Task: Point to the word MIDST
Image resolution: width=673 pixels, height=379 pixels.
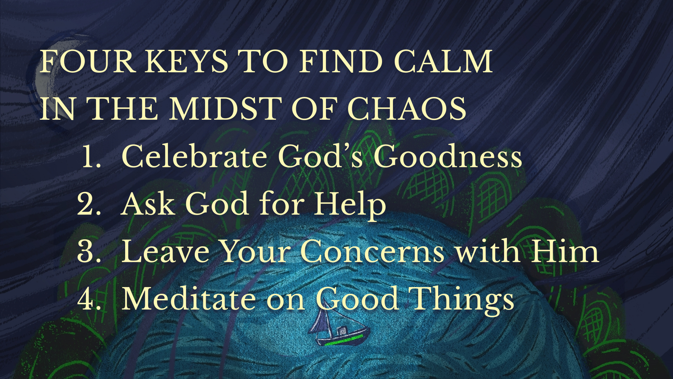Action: (x=226, y=108)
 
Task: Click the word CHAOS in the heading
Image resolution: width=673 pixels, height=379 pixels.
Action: (x=407, y=108)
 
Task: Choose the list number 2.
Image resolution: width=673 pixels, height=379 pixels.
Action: (x=89, y=204)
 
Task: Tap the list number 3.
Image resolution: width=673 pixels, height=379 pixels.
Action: (x=89, y=251)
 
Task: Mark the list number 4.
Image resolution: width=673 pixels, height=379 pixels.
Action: (x=89, y=299)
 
